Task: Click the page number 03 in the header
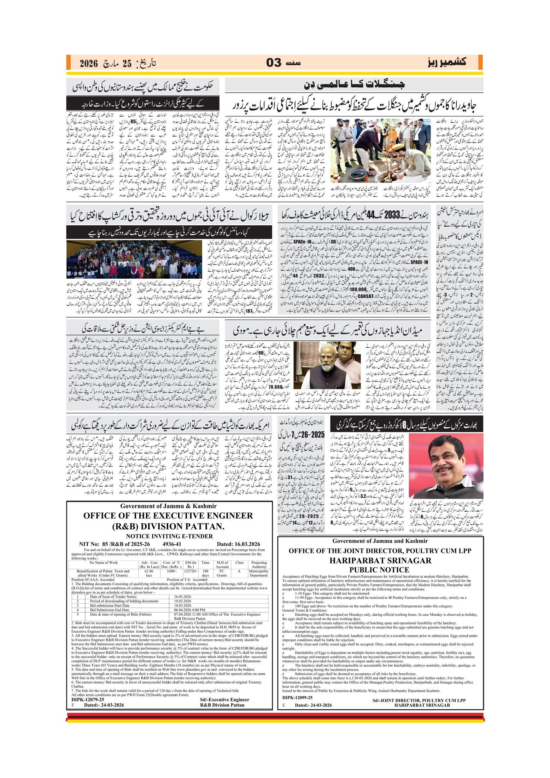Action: click(274, 63)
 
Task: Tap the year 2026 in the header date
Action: click(88, 64)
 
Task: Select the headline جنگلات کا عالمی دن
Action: click(354, 85)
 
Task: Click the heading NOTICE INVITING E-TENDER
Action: click(169, 536)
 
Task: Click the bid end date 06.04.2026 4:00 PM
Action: click(189, 610)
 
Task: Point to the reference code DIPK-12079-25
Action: click(88, 699)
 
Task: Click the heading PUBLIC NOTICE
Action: click(379, 570)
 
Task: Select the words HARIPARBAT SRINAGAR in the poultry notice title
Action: click(380, 561)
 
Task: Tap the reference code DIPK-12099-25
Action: click(297, 698)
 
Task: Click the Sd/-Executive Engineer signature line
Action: click(224, 699)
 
